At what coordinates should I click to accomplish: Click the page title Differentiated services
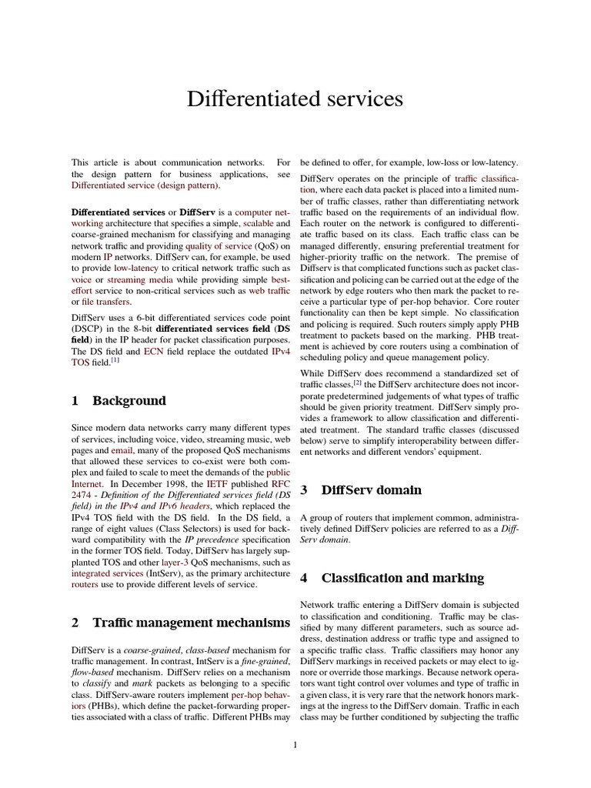click(295, 99)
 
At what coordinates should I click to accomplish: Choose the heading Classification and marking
click(402, 577)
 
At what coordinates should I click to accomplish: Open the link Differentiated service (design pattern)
click(145, 185)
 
